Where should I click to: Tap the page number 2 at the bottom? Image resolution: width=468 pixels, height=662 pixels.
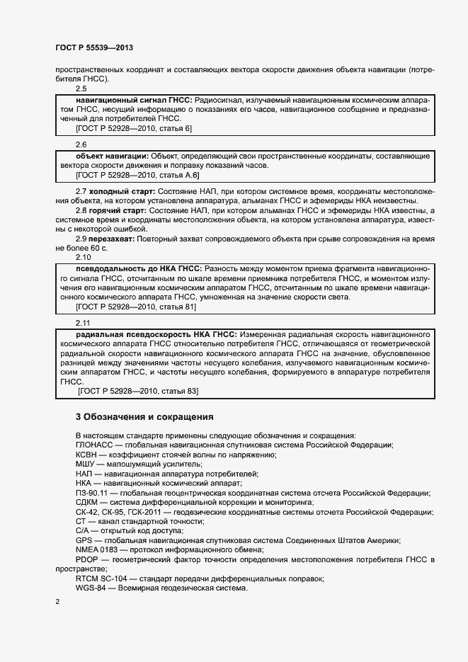pos(57,601)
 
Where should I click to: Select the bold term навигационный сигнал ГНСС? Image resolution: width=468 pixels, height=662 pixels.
pos(132,101)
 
